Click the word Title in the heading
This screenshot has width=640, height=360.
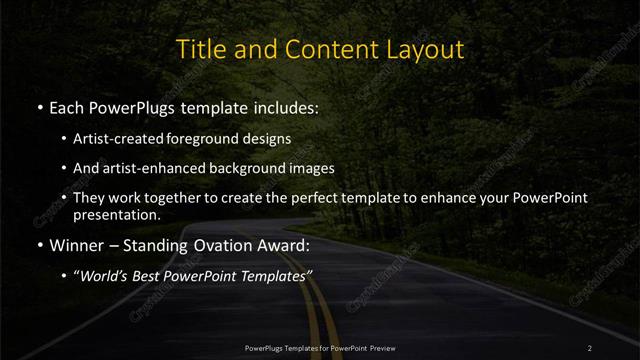tap(198, 49)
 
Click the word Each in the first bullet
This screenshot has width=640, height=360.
tap(69, 107)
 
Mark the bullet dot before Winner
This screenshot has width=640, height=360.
tap(39, 244)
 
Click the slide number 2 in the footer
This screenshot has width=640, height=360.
tap(590, 347)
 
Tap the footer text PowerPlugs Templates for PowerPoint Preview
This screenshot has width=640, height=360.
tap(320, 347)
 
